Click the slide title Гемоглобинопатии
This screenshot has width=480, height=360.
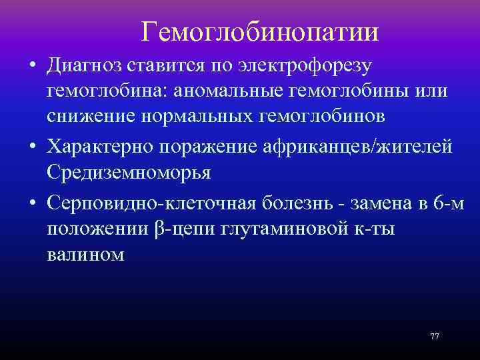click(260, 31)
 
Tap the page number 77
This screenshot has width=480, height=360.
click(435, 336)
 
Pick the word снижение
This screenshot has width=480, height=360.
click(86, 116)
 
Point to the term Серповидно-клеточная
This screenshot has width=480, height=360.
click(143, 201)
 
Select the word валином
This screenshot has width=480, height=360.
click(85, 255)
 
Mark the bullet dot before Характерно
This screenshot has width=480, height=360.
click(32, 147)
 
